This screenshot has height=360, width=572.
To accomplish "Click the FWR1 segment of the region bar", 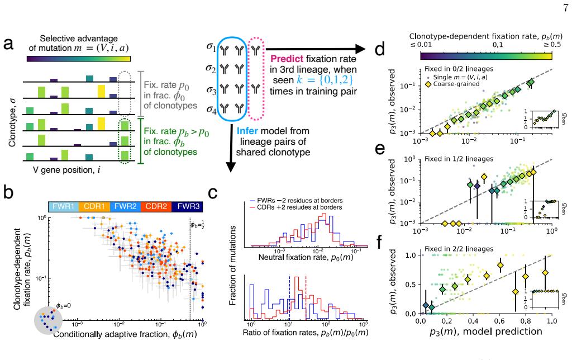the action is pyautogui.click(x=64, y=206).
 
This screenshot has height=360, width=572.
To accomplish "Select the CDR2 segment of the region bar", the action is pyautogui.click(x=156, y=206).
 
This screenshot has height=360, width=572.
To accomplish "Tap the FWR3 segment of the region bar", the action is pyautogui.click(x=188, y=206).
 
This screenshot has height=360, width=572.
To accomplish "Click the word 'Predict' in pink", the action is pyautogui.click(x=287, y=59).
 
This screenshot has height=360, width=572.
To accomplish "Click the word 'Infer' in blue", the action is pyautogui.click(x=249, y=131).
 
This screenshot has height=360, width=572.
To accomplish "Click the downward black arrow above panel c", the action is pyautogui.click(x=231, y=148).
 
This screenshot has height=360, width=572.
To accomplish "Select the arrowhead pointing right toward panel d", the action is pyautogui.click(x=360, y=49).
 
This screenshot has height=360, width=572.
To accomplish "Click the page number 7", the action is pyautogui.click(x=565, y=8).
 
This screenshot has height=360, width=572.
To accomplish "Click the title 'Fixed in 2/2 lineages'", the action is pyautogui.click(x=459, y=249).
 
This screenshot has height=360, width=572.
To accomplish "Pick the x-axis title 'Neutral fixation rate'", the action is pyautogui.click(x=306, y=257).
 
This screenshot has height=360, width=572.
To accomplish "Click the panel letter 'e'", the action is pyautogui.click(x=380, y=149).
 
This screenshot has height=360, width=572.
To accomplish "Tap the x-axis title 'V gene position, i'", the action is pyautogui.click(x=67, y=170).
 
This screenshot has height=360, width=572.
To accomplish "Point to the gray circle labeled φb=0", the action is pyautogui.click(x=48, y=320).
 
